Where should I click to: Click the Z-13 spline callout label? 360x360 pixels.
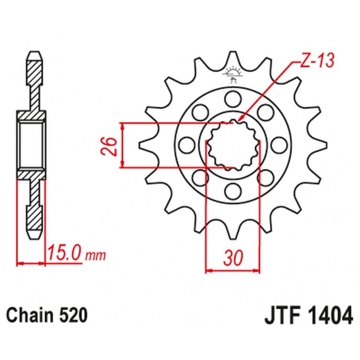tap(317, 61)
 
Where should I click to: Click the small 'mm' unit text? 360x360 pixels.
tap(95, 256)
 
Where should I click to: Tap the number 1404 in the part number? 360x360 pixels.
tap(329, 316)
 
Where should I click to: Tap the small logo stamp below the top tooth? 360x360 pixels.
tap(233, 74)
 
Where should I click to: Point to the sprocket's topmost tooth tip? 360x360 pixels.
tap(233, 52)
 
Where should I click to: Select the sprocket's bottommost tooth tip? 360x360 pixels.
tap(233, 238)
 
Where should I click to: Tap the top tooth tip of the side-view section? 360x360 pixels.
tap(35, 53)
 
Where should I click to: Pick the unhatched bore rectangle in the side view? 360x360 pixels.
tap(31, 145)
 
